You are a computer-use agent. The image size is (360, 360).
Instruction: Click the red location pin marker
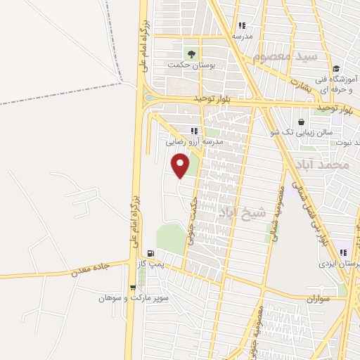181,166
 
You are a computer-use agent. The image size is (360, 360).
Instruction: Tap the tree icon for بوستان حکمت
190,53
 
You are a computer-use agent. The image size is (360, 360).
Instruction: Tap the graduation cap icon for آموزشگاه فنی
336,68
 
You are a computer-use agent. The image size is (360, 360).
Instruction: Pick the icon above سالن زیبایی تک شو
301,121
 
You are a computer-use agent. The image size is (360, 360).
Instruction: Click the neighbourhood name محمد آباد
323,165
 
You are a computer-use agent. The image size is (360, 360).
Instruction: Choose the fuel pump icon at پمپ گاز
150,254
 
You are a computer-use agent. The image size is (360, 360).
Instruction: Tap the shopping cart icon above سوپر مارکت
133,287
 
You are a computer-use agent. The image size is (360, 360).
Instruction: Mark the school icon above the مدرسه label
243,25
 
